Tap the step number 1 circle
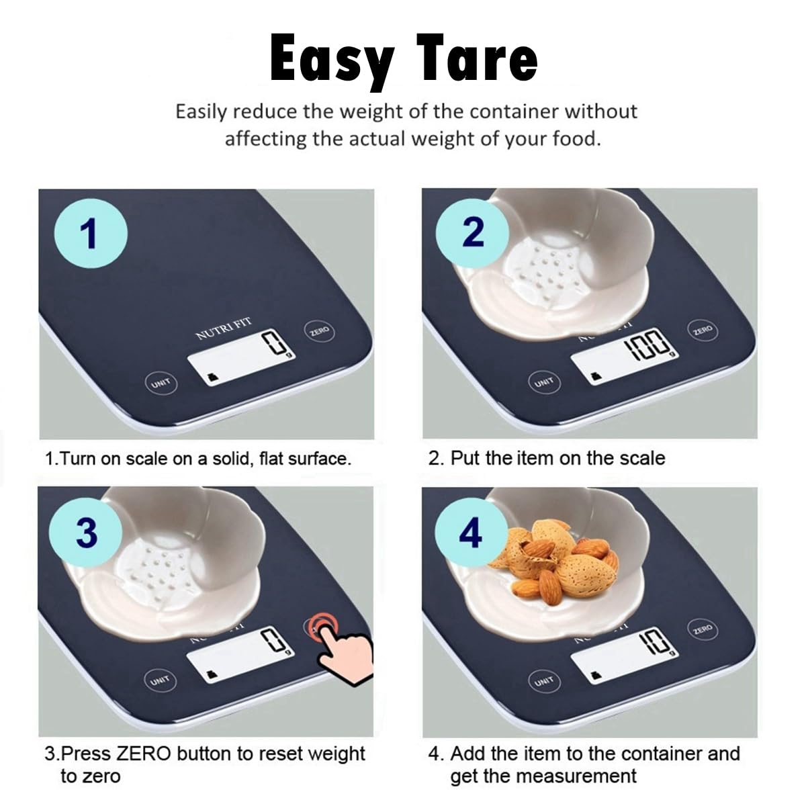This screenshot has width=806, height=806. click(x=89, y=234)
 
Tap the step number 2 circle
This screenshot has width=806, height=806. click(x=473, y=232)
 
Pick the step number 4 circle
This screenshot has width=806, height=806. click(x=470, y=534)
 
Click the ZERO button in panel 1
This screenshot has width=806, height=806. click(x=319, y=332)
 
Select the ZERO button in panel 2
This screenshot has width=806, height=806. click(x=703, y=330)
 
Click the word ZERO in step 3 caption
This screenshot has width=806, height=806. click(x=144, y=754)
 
